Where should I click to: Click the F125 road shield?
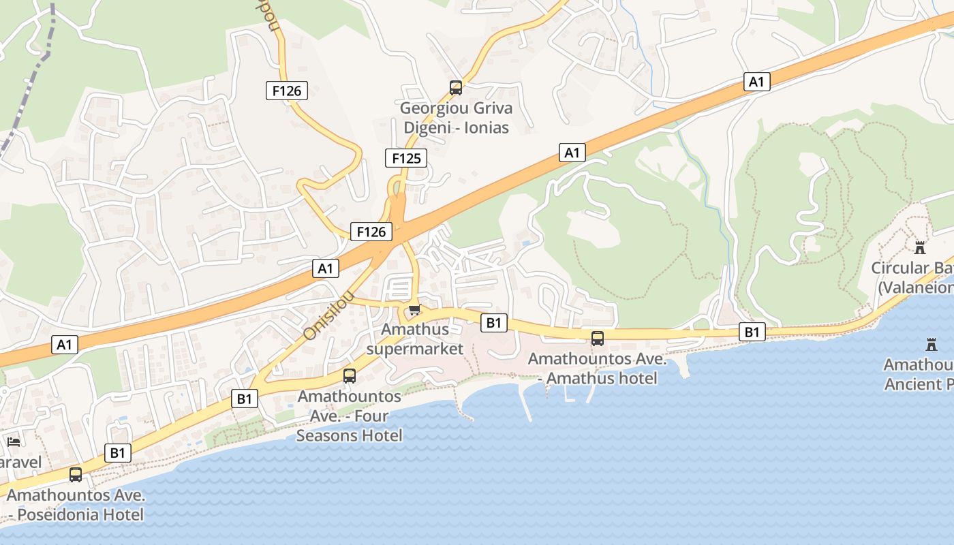pyautogui.click(x=406, y=159)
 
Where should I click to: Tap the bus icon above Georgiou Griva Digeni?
pyautogui.click(x=456, y=87)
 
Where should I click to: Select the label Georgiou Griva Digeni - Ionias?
pyautogui.click(x=456, y=117)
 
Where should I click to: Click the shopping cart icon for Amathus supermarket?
pyautogui.click(x=414, y=310)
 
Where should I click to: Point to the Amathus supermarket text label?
pyautogui.click(x=415, y=339)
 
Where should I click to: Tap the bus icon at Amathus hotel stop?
pyautogui.click(x=598, y=338)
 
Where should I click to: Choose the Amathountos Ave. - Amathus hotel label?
pyautogui.click(x=598, y=369)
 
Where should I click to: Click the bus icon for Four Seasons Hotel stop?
pyautogui.click(x=350, y=375)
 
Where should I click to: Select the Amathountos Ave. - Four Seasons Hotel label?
pyautogui.click(x=350, y=416)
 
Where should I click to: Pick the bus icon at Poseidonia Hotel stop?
pyautogui.click(x=76, y=474)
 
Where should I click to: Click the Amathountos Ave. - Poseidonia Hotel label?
pyautogui.click(x=76, y=505)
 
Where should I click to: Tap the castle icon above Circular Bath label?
pyautogui.click(x=920, y=247)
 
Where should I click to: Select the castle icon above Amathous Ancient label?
pyautogui.click(x=932, y=344)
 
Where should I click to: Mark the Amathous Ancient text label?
pyautogui.click(x=919, y=375)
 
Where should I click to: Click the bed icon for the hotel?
pyautogui.click(x=14, y=442)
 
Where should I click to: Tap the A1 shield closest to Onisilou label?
pyautogui.click(x=326, y=268)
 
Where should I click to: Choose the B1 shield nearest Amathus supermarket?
pyautogui.click(x=494, y=323)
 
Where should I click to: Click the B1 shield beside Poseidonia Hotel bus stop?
pyautogui.click(x=118, y=453)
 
